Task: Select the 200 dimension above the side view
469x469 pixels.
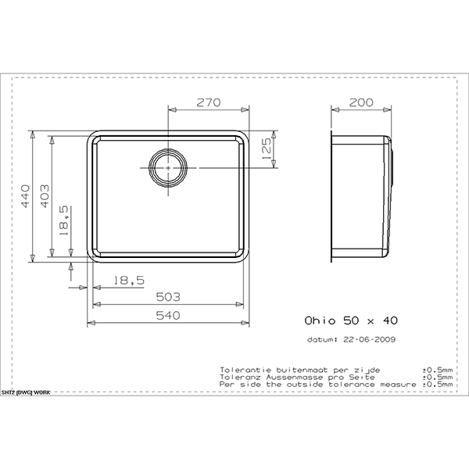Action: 361,103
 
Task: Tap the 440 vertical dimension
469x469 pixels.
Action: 26,195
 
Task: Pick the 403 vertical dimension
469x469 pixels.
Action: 45,195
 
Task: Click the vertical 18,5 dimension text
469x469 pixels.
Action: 64,218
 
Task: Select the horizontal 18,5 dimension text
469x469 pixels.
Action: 128,280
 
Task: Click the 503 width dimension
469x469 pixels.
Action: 169,297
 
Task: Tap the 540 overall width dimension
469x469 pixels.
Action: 169,315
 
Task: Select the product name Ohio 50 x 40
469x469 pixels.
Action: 350,320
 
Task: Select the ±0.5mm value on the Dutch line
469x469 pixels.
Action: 437,367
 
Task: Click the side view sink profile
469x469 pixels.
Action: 361,197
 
